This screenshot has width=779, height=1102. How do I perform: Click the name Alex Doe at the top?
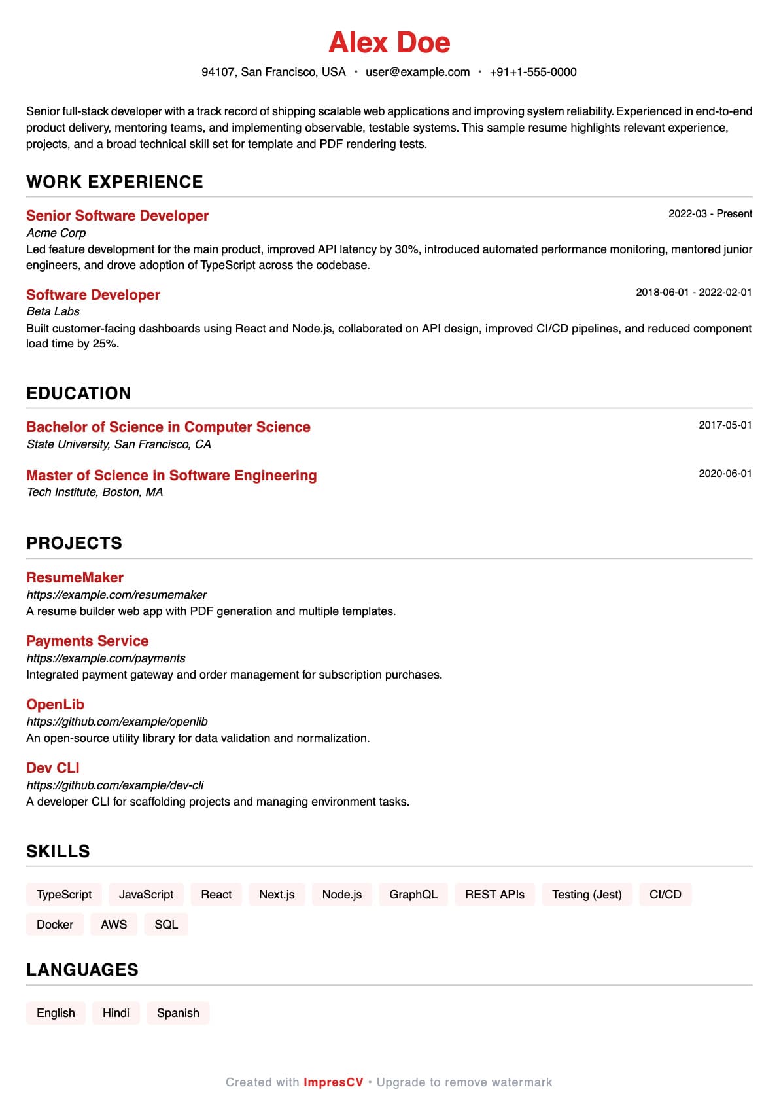389,43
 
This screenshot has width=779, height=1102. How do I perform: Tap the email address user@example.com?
417,72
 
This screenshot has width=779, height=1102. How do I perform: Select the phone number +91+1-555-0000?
533,72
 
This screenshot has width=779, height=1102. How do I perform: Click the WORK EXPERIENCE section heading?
114,182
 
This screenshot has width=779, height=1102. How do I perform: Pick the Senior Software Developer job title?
117,216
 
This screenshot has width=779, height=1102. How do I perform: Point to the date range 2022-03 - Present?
710,214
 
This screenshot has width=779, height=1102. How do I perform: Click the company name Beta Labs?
53,311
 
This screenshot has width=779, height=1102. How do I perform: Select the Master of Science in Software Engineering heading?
171,476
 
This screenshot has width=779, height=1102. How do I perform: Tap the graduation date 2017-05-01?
725,425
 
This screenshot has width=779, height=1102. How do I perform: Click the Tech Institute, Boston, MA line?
95,492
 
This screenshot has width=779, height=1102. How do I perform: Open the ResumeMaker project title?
75,578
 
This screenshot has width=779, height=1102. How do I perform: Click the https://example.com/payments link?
106,658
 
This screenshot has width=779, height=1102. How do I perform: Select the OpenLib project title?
55,705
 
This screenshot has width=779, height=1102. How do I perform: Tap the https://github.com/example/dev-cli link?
115,785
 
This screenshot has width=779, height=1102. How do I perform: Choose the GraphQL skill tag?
413,895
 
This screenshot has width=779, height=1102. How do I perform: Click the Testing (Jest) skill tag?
587,895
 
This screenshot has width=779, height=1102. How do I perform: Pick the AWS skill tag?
114,925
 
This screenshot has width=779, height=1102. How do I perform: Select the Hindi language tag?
116,1013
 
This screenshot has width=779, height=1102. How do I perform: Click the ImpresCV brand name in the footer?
333,1082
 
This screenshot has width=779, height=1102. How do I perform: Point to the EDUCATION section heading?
78,393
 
